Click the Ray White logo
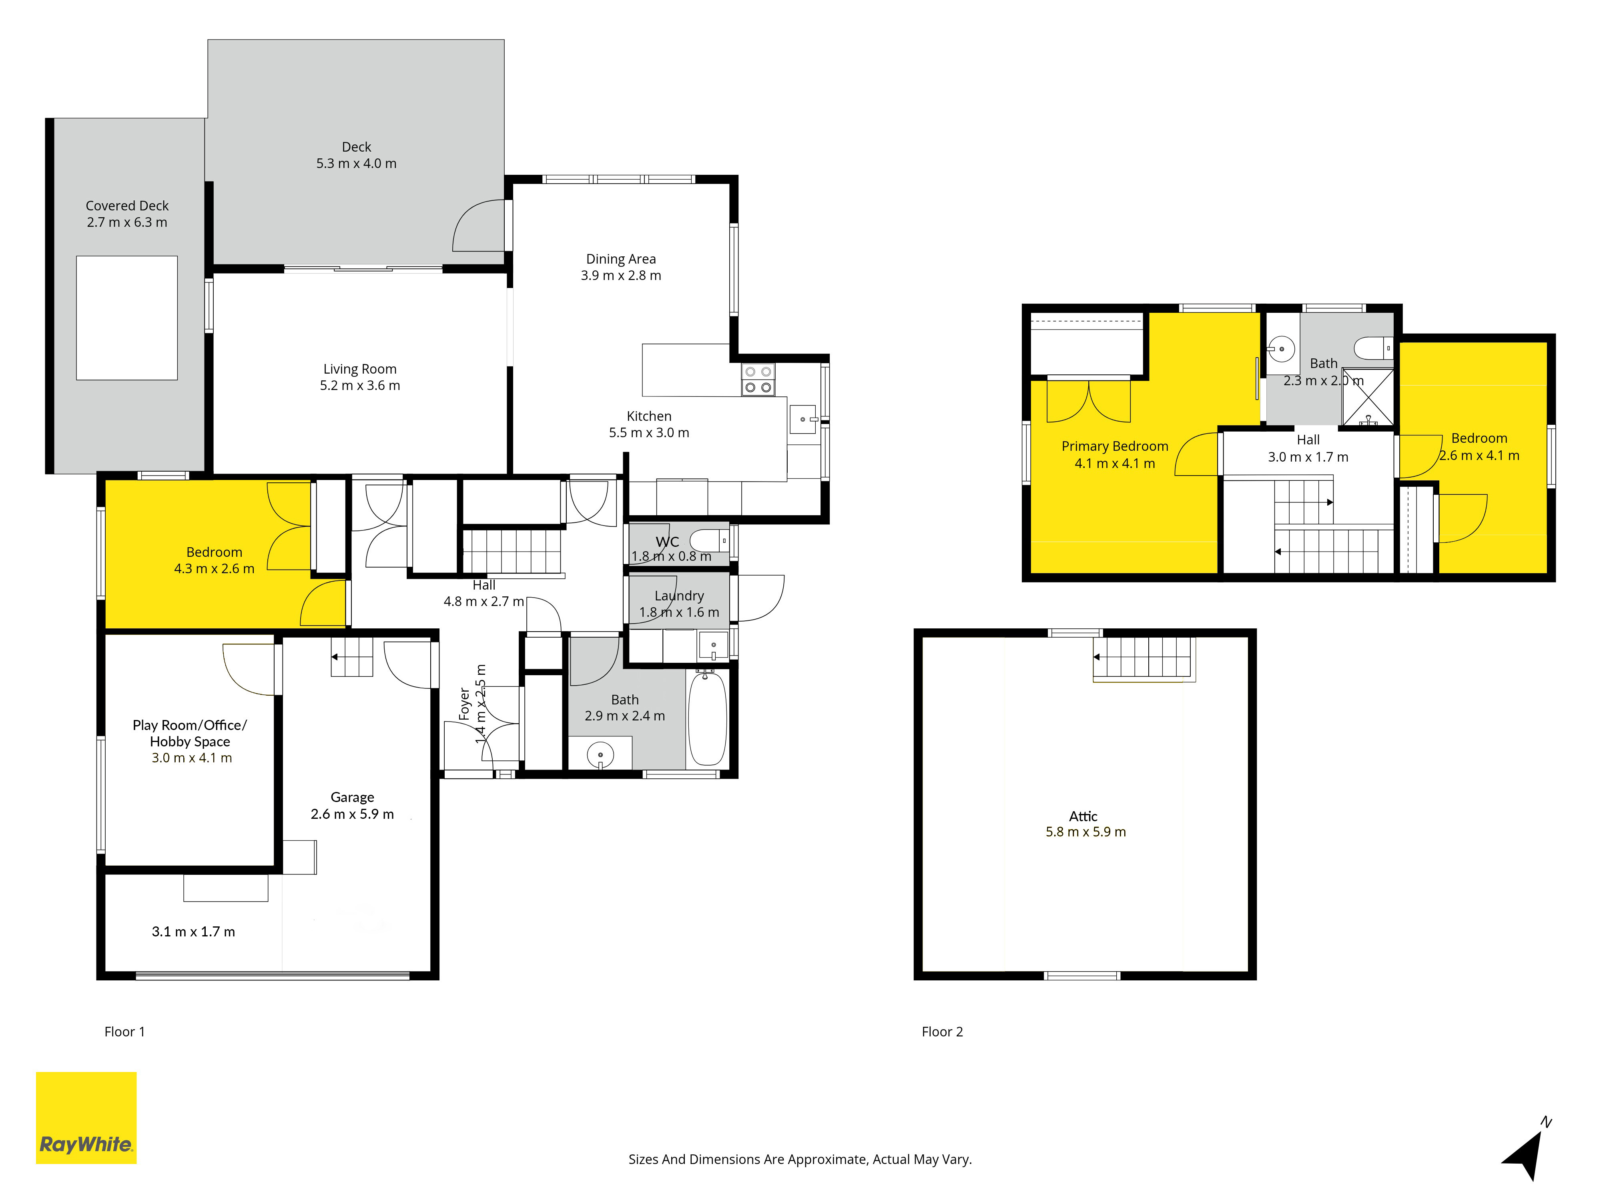coord(86,1118)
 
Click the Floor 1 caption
coord(124,1032)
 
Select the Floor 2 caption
coord(942,1032)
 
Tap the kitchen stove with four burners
coord(758,380)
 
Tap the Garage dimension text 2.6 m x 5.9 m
coord(353,814)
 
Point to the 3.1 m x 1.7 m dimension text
coord(193,932)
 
